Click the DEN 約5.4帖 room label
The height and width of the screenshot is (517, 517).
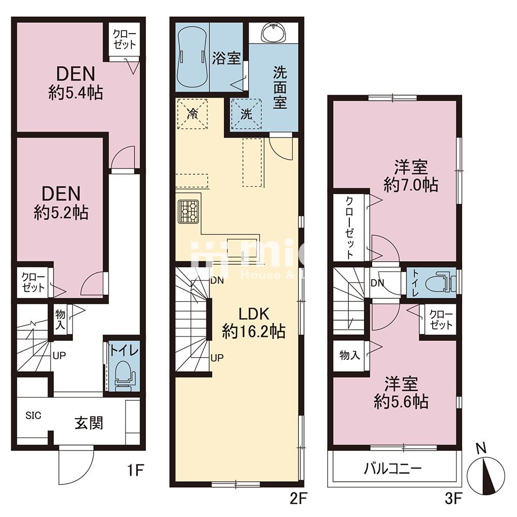(x=76, y=83)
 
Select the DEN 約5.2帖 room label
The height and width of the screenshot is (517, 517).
(x=62, y=203)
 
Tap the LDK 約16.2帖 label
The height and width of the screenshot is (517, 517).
(x=253, y=323)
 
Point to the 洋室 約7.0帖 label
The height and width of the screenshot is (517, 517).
(x=411, y=176)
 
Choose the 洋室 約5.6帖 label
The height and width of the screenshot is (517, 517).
(x=401, y=393)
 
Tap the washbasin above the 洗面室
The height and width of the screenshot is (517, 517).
(x=273, y=33)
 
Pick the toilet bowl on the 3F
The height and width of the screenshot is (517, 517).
(x=439, y=280)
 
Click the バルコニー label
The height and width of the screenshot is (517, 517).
(x=393, y=468)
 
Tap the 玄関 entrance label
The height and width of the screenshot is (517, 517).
(x=89, y=423)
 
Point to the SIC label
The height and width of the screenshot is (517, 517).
(x=33, y=416)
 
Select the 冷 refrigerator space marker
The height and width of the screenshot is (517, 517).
(x=192, y=114)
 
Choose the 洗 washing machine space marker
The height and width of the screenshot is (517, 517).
(x=246, y=114)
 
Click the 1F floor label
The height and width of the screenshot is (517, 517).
(x=135, y=470)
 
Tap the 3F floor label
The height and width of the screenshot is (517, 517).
(x=453, y=498)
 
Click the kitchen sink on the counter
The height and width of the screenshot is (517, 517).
(x=244, y=247)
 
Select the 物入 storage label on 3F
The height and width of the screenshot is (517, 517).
(x=349, y=355)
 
